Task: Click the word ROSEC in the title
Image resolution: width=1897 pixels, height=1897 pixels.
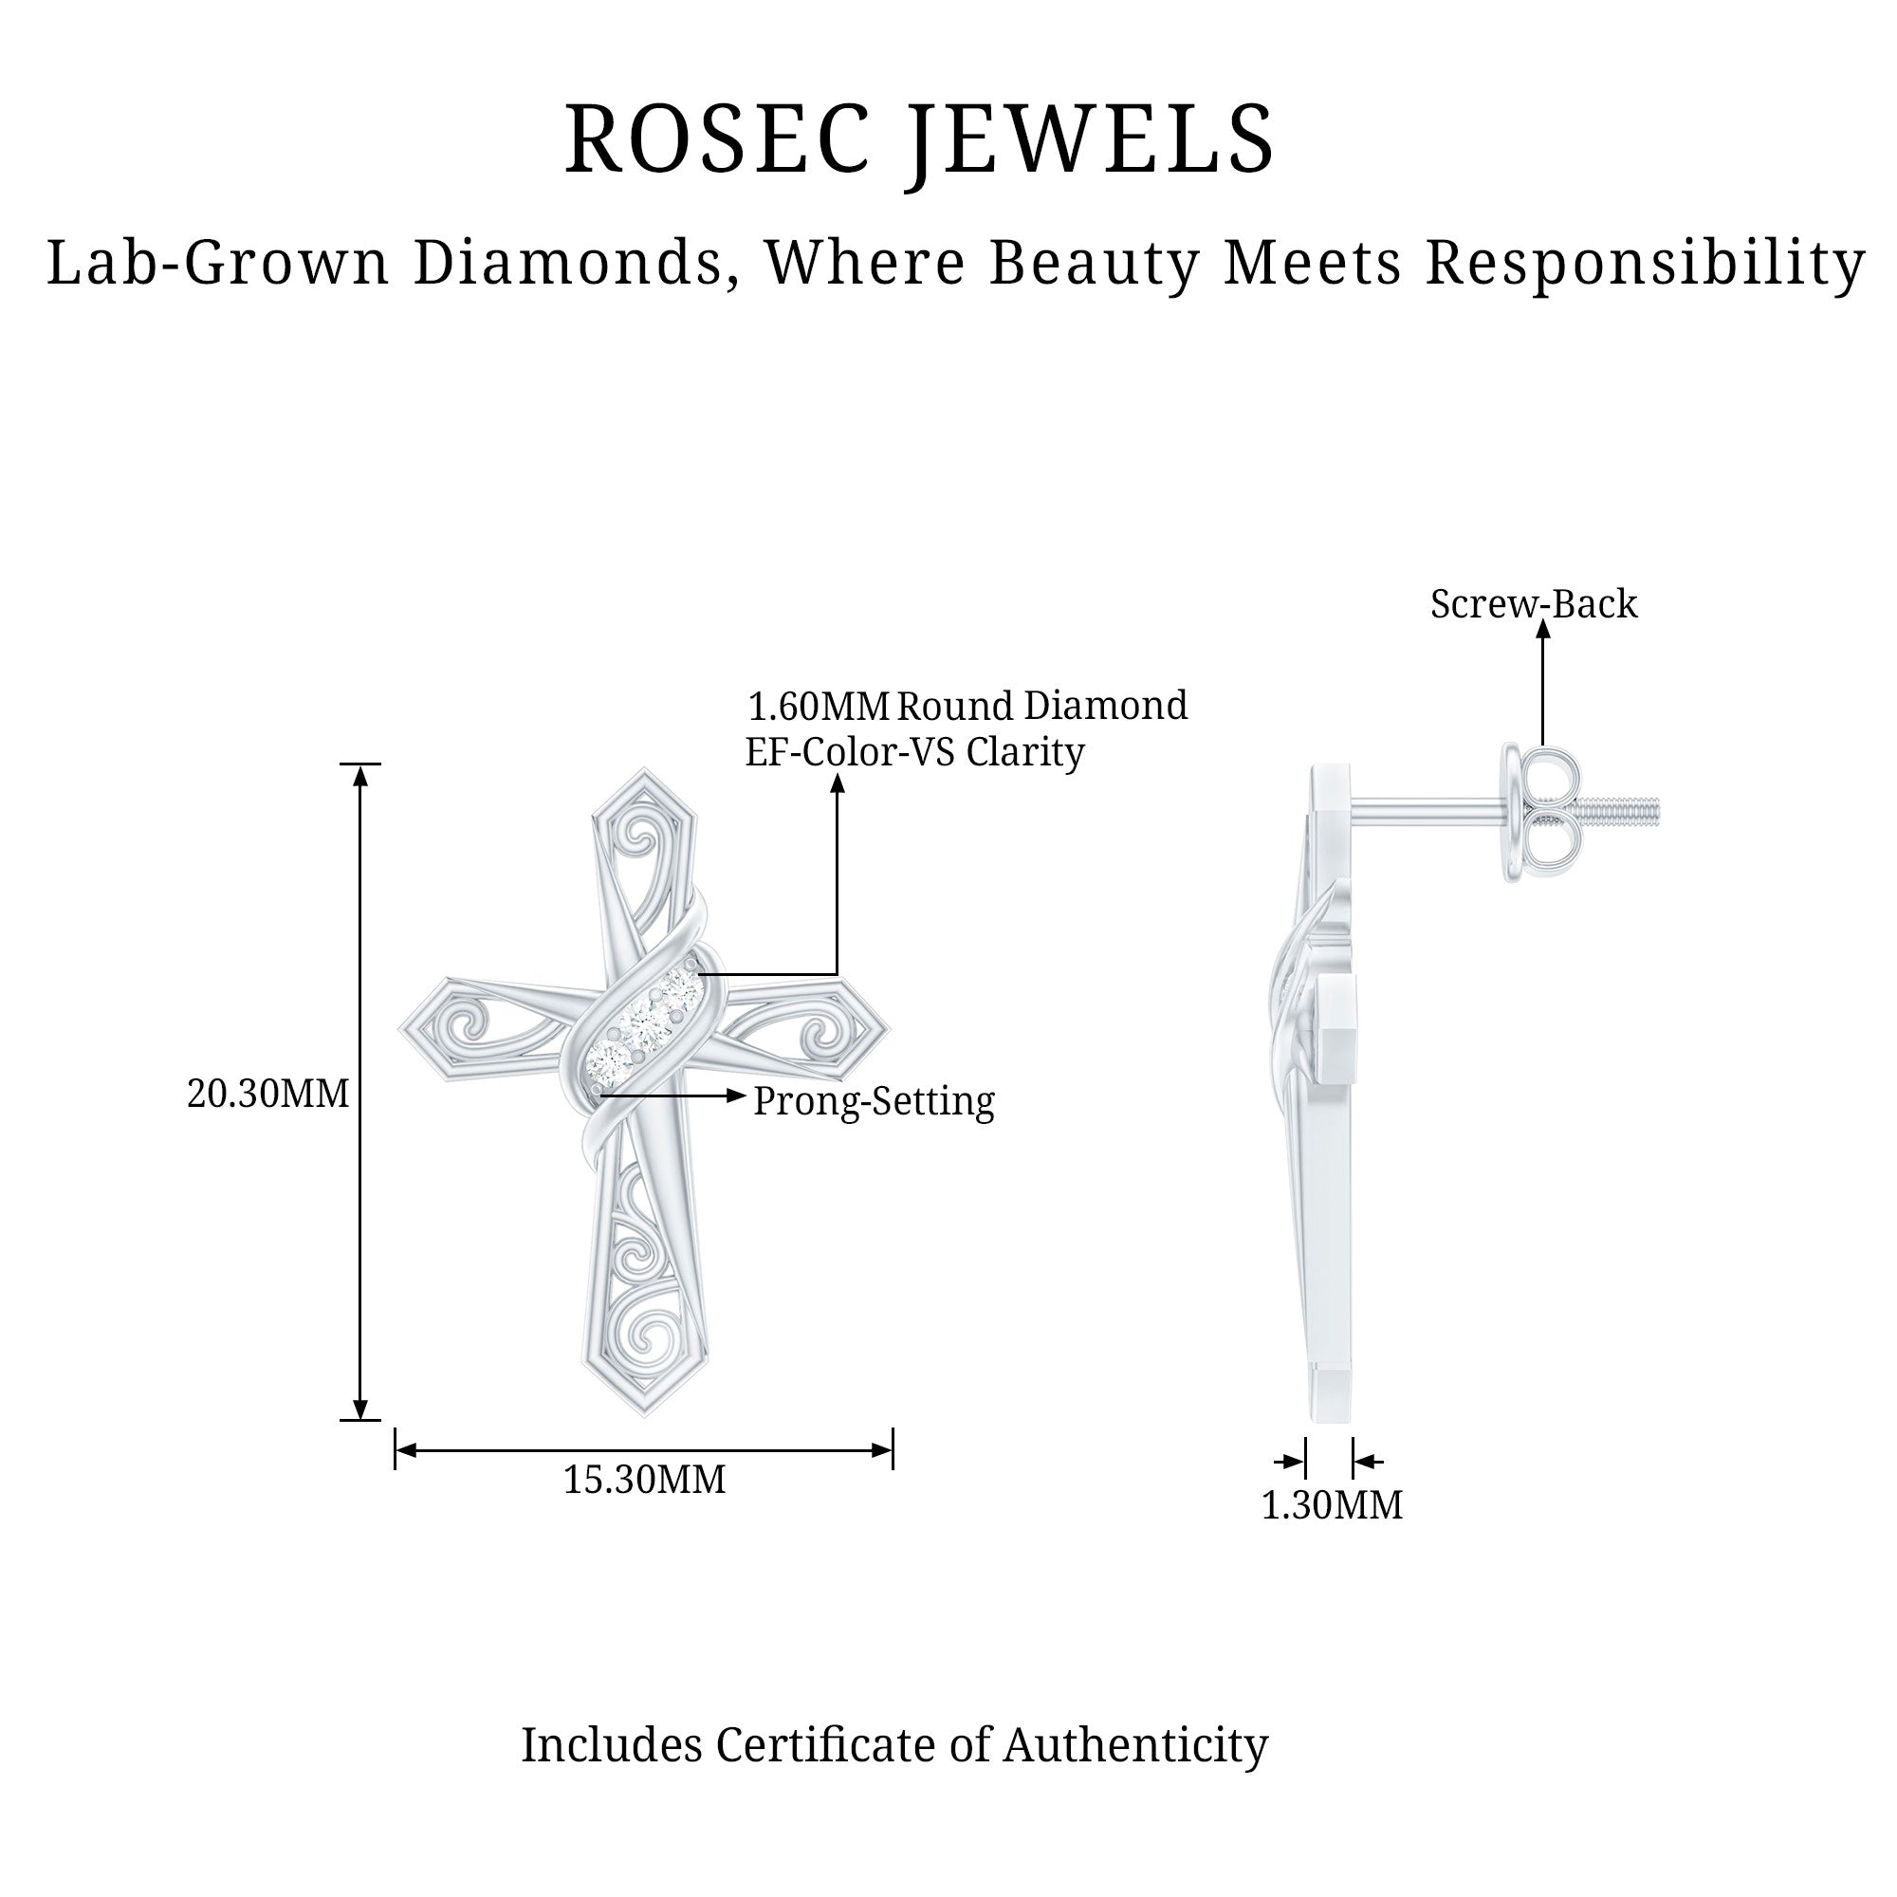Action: [x=717, y=140]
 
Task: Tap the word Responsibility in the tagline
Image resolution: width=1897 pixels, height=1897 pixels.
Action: [x=1645, y=263]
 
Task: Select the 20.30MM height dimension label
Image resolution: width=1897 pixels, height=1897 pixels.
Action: [x=268, y=1093]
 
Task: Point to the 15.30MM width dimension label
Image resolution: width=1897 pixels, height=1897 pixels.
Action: [x=644, y=1479]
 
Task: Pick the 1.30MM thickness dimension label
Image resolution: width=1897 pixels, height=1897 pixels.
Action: [x=1332, y=1504]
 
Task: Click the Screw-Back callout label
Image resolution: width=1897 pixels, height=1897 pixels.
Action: [x=1534, y=604]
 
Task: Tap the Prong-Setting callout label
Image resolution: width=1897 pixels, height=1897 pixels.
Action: [x=874, y=1100]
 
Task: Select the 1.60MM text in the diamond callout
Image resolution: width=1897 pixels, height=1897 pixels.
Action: [x=819, y=706]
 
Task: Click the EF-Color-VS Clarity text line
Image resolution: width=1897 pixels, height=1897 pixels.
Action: [x=915, y=752]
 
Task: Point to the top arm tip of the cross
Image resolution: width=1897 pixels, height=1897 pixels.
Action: [x=644, y=785]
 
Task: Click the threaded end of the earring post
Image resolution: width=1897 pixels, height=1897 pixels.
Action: [x=1621, y=811]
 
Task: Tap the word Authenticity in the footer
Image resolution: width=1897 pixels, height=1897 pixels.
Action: [x=1135, y=1745]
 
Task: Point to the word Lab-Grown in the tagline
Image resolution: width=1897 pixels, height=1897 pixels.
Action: [x=218, y=263]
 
